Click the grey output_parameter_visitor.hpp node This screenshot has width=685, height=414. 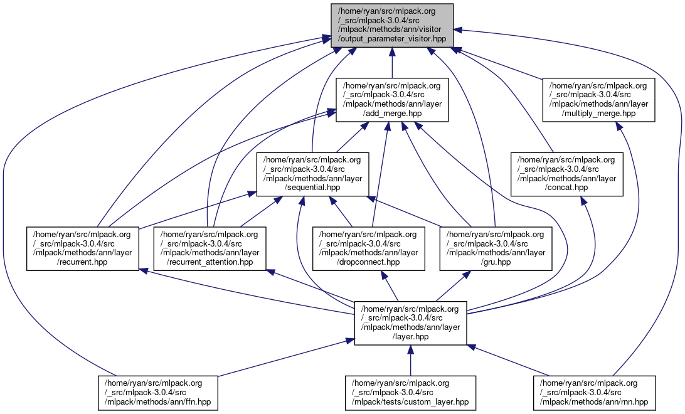click(x=391, y=24)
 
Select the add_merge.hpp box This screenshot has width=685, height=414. click(x=391, y=99)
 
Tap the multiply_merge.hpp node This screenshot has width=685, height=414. click(x=599, y=99)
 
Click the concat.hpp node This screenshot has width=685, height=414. click(x=567, y=173)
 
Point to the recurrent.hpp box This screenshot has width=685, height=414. click(x=82, y=248)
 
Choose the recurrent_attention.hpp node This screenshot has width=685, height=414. click(x=210, y=248)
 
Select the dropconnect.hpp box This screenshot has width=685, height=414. click(x=368, y=248)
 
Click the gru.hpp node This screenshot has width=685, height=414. click(x=496, y=248)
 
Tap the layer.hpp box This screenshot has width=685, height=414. click(x=410, y=322)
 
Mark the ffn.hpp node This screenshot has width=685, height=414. click(x=157, y=393)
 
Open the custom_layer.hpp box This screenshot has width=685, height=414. click(x=410, y=393)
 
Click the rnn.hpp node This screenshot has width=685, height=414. click(x=594, y=393)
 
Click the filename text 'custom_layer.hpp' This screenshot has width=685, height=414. click(x=410, y=402)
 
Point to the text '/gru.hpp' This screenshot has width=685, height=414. click(x=496, y=262)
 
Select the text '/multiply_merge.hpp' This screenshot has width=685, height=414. click(x=599, y=113)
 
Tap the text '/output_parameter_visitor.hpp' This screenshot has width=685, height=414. click(x=391, y=38)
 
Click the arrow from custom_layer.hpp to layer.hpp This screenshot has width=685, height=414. click(x=410, y=361)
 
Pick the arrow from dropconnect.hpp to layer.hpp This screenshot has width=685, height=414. click(x=390, y=287)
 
